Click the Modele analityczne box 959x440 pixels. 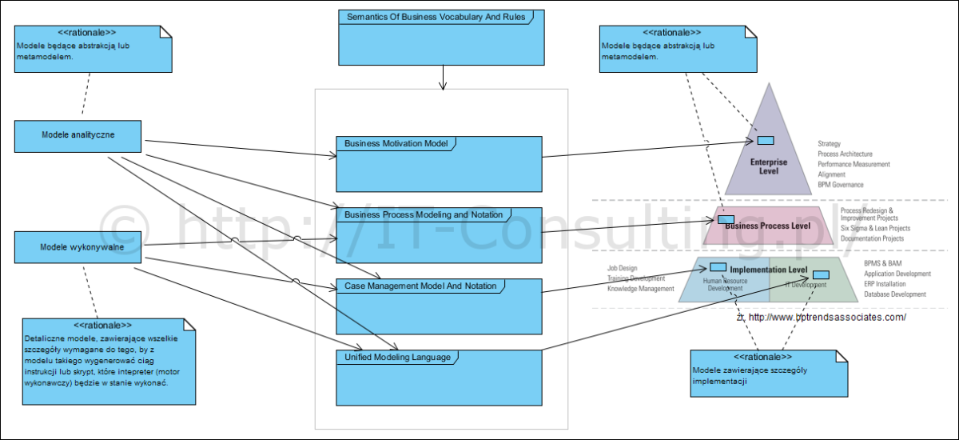click(x=78, y=135)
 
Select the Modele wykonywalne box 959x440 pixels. click(x=78, y=246)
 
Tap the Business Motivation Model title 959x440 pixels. click(x=396, y=144)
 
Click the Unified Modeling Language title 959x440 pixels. click(x=397, y=357)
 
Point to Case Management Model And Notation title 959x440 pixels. click(x=420, y=286)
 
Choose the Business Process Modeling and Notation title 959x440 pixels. click(x=424, y=214)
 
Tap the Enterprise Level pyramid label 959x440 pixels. click(x=768, y=166)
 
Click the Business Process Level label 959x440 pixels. click(x=767, y=226)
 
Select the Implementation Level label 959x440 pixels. click(x=769, y=270)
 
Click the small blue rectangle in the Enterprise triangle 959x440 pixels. click(x=766, y=141)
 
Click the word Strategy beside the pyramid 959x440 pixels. click(x=829, y=144)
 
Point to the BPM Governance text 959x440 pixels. click(x=841, y=185)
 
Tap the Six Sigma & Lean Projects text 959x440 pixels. click(x=875, y=229)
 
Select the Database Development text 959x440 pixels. click(x=895, y=294)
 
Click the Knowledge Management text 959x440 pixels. click(x=641, y=289)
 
